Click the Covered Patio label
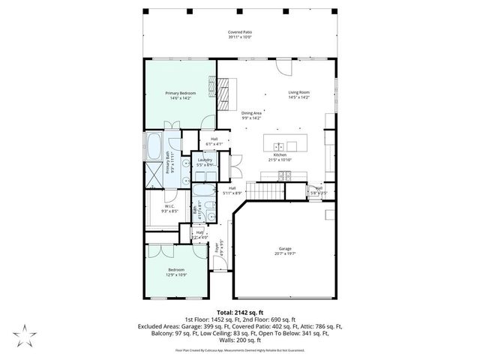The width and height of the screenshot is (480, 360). coord(239,32)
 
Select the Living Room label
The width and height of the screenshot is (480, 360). coord(299,93)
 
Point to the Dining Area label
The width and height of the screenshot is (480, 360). coord(251,113)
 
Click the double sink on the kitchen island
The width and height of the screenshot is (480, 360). coord(277,146)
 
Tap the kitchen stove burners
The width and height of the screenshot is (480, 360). coord(285,176)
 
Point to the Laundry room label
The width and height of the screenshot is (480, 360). coord(205,160)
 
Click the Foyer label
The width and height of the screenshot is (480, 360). coord(218,244)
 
